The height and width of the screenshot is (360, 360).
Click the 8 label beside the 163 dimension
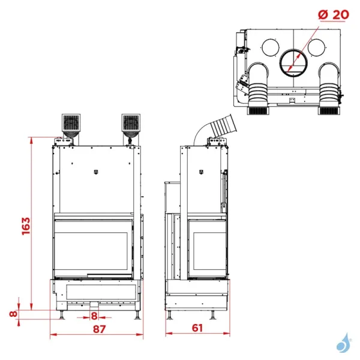point(13,313)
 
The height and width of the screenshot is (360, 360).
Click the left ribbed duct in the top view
point(259,87)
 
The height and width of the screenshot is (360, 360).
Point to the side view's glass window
point(206,248)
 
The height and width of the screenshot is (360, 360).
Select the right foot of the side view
point(214,315)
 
